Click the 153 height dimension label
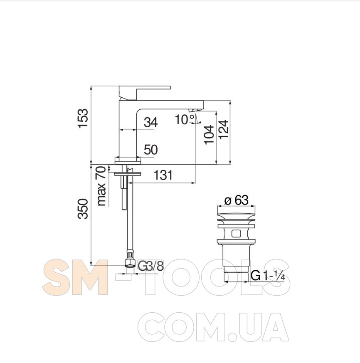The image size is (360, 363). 83,118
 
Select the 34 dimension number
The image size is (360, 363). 151,122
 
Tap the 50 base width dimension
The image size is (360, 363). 151,150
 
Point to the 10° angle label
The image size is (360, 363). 185,119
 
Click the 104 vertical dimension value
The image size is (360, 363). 209,134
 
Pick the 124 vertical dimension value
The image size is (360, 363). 223,129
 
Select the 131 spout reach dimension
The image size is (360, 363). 163,175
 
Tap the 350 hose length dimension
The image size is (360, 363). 83,209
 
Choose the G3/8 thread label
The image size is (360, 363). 151,266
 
